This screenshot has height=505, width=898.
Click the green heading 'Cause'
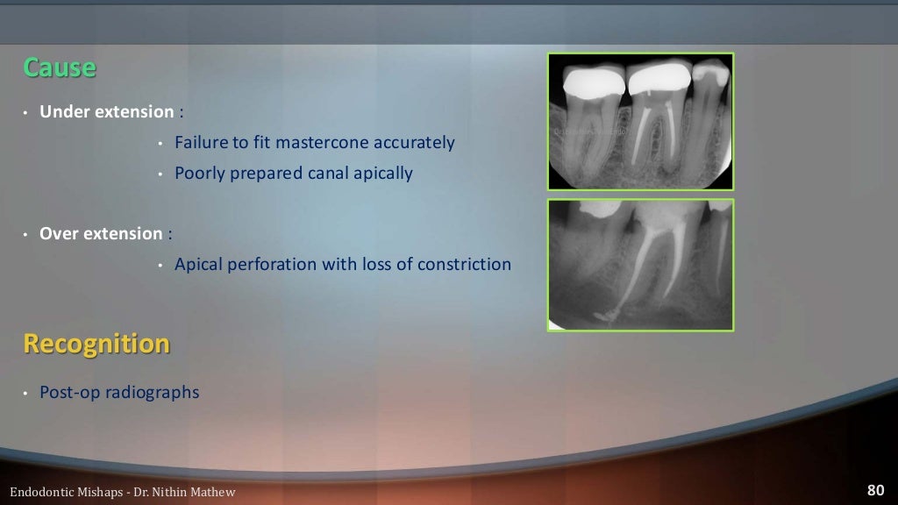click(x=60, y=68)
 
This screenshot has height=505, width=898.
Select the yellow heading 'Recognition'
click(x=96, y=344)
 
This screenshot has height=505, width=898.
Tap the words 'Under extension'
click(x=107, y=111)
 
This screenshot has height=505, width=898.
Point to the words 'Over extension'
click(x=101, y=234)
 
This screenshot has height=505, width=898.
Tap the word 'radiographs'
click(x=152, y=392)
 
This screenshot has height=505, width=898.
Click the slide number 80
click(x=874, y=490)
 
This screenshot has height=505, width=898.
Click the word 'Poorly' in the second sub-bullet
click(x=200, y=173)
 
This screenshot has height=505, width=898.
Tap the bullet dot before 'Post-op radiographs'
click(x=26, y=393)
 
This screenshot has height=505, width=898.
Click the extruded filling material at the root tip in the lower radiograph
click(x=605, y=311)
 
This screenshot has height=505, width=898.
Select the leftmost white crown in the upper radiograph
click(x=593, y=82)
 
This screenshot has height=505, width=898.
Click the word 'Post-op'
click(x=70, y=392)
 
